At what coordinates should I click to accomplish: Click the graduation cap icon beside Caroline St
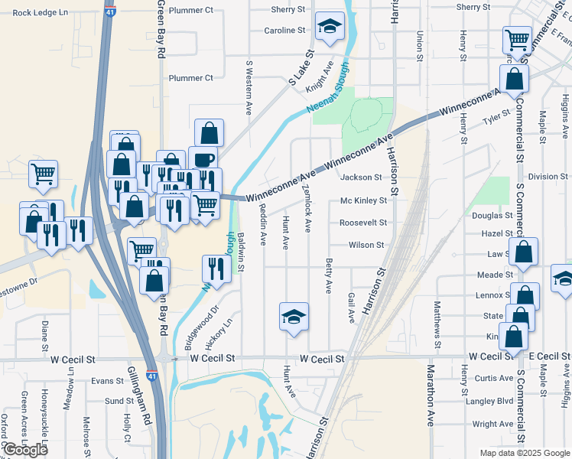[330, 28]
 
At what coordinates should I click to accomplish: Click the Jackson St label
[361, 177]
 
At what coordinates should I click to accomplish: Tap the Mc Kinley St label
[363, 201]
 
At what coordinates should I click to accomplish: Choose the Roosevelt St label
[363, 223]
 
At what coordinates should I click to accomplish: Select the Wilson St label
[366, 246]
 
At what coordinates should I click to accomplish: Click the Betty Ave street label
[329, 276]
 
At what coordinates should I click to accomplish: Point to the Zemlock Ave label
[307, 208]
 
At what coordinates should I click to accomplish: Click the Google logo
[25, 450]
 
